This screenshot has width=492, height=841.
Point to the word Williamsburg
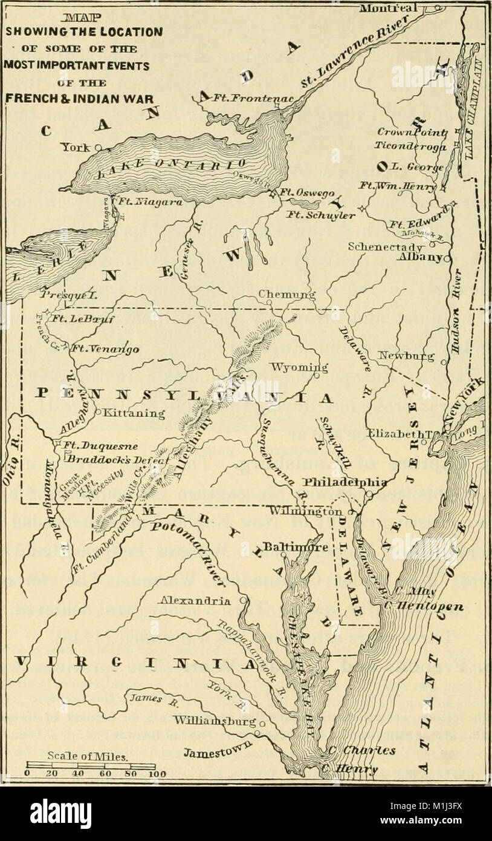tap(215, 721)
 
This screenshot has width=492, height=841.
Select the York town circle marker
tap(97, 146)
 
